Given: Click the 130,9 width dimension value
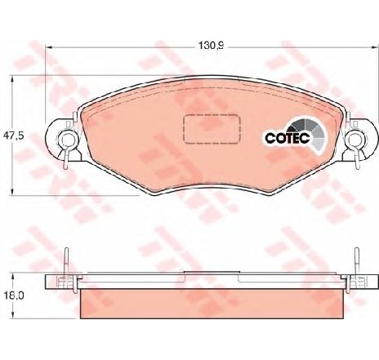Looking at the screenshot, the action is [x=211, y=45].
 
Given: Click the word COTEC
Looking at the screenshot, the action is [x=288, y=138].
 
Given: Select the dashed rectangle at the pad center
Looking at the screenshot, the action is [x=212, y=129].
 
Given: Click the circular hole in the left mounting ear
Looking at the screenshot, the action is [x=67, y=140].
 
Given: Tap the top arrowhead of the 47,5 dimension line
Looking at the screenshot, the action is [x=11, y=79].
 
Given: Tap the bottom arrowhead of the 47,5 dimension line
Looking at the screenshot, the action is [x=11, y=192].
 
